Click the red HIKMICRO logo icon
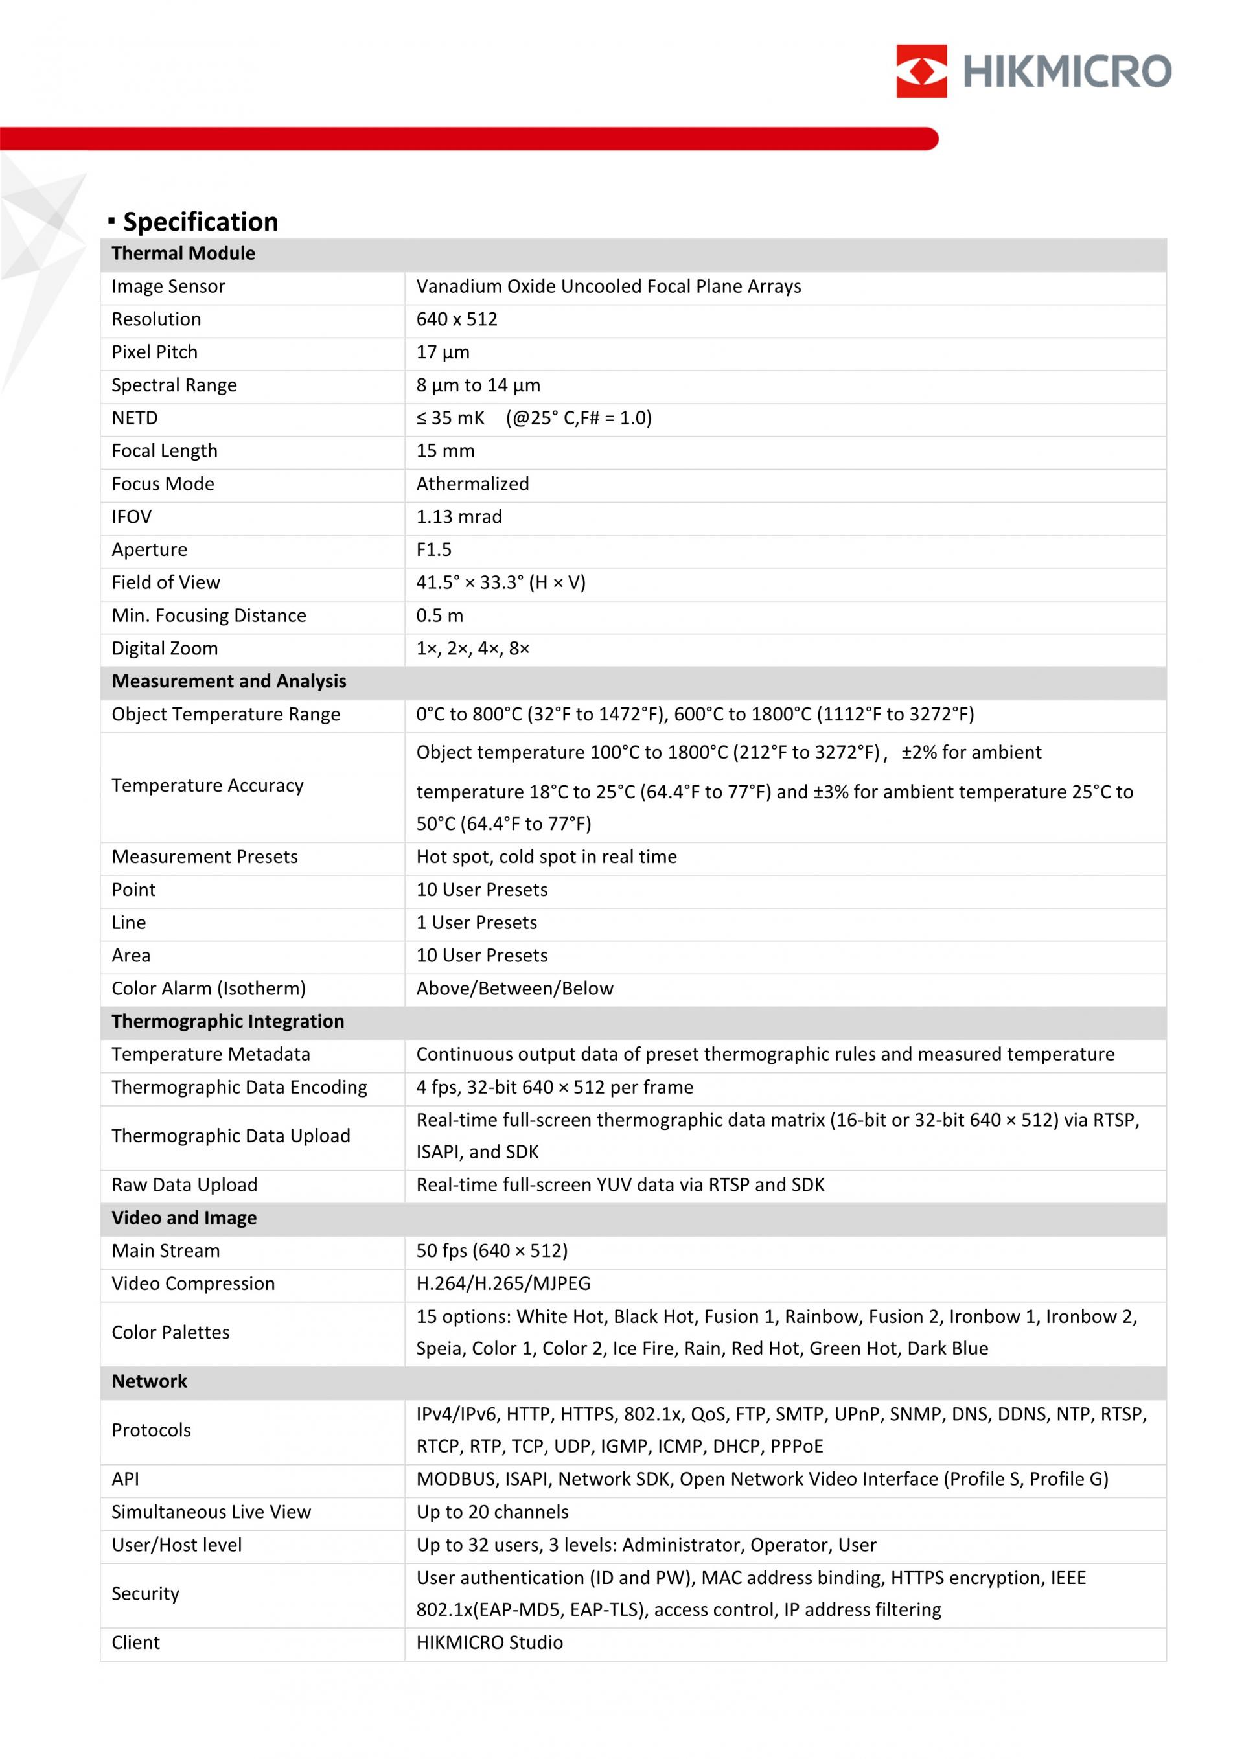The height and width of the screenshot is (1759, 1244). click(921, 71)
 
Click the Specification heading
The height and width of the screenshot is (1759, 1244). click(201, 222)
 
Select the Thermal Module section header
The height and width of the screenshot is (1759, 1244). click(183, 253)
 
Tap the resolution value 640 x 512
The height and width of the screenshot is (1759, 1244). click(457, 319)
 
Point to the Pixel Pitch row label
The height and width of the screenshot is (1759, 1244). click(155, 352)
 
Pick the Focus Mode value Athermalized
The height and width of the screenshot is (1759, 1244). click(472, 484)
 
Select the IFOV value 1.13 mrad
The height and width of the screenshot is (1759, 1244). click(459, 517)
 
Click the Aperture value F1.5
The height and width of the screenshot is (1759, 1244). click(433, 550)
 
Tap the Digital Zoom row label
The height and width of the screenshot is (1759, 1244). click(165, 649)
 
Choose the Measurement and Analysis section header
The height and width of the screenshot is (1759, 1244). click(229, 682)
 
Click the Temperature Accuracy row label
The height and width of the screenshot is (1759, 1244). click(207, 786)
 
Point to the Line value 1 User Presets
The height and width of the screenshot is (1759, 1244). click(476, 923)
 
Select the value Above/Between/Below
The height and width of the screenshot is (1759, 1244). click(514, 989)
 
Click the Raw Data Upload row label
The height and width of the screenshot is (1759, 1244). click(185, 1185)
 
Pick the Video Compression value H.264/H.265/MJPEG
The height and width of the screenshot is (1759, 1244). click(503, 1284)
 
